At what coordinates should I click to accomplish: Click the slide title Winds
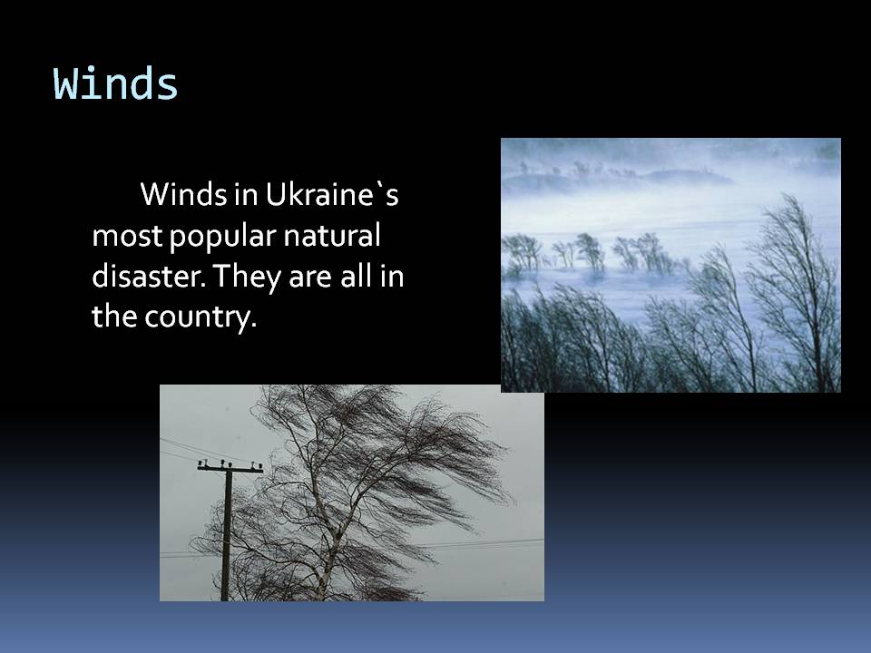116,83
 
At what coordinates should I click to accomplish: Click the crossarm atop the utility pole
230,468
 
